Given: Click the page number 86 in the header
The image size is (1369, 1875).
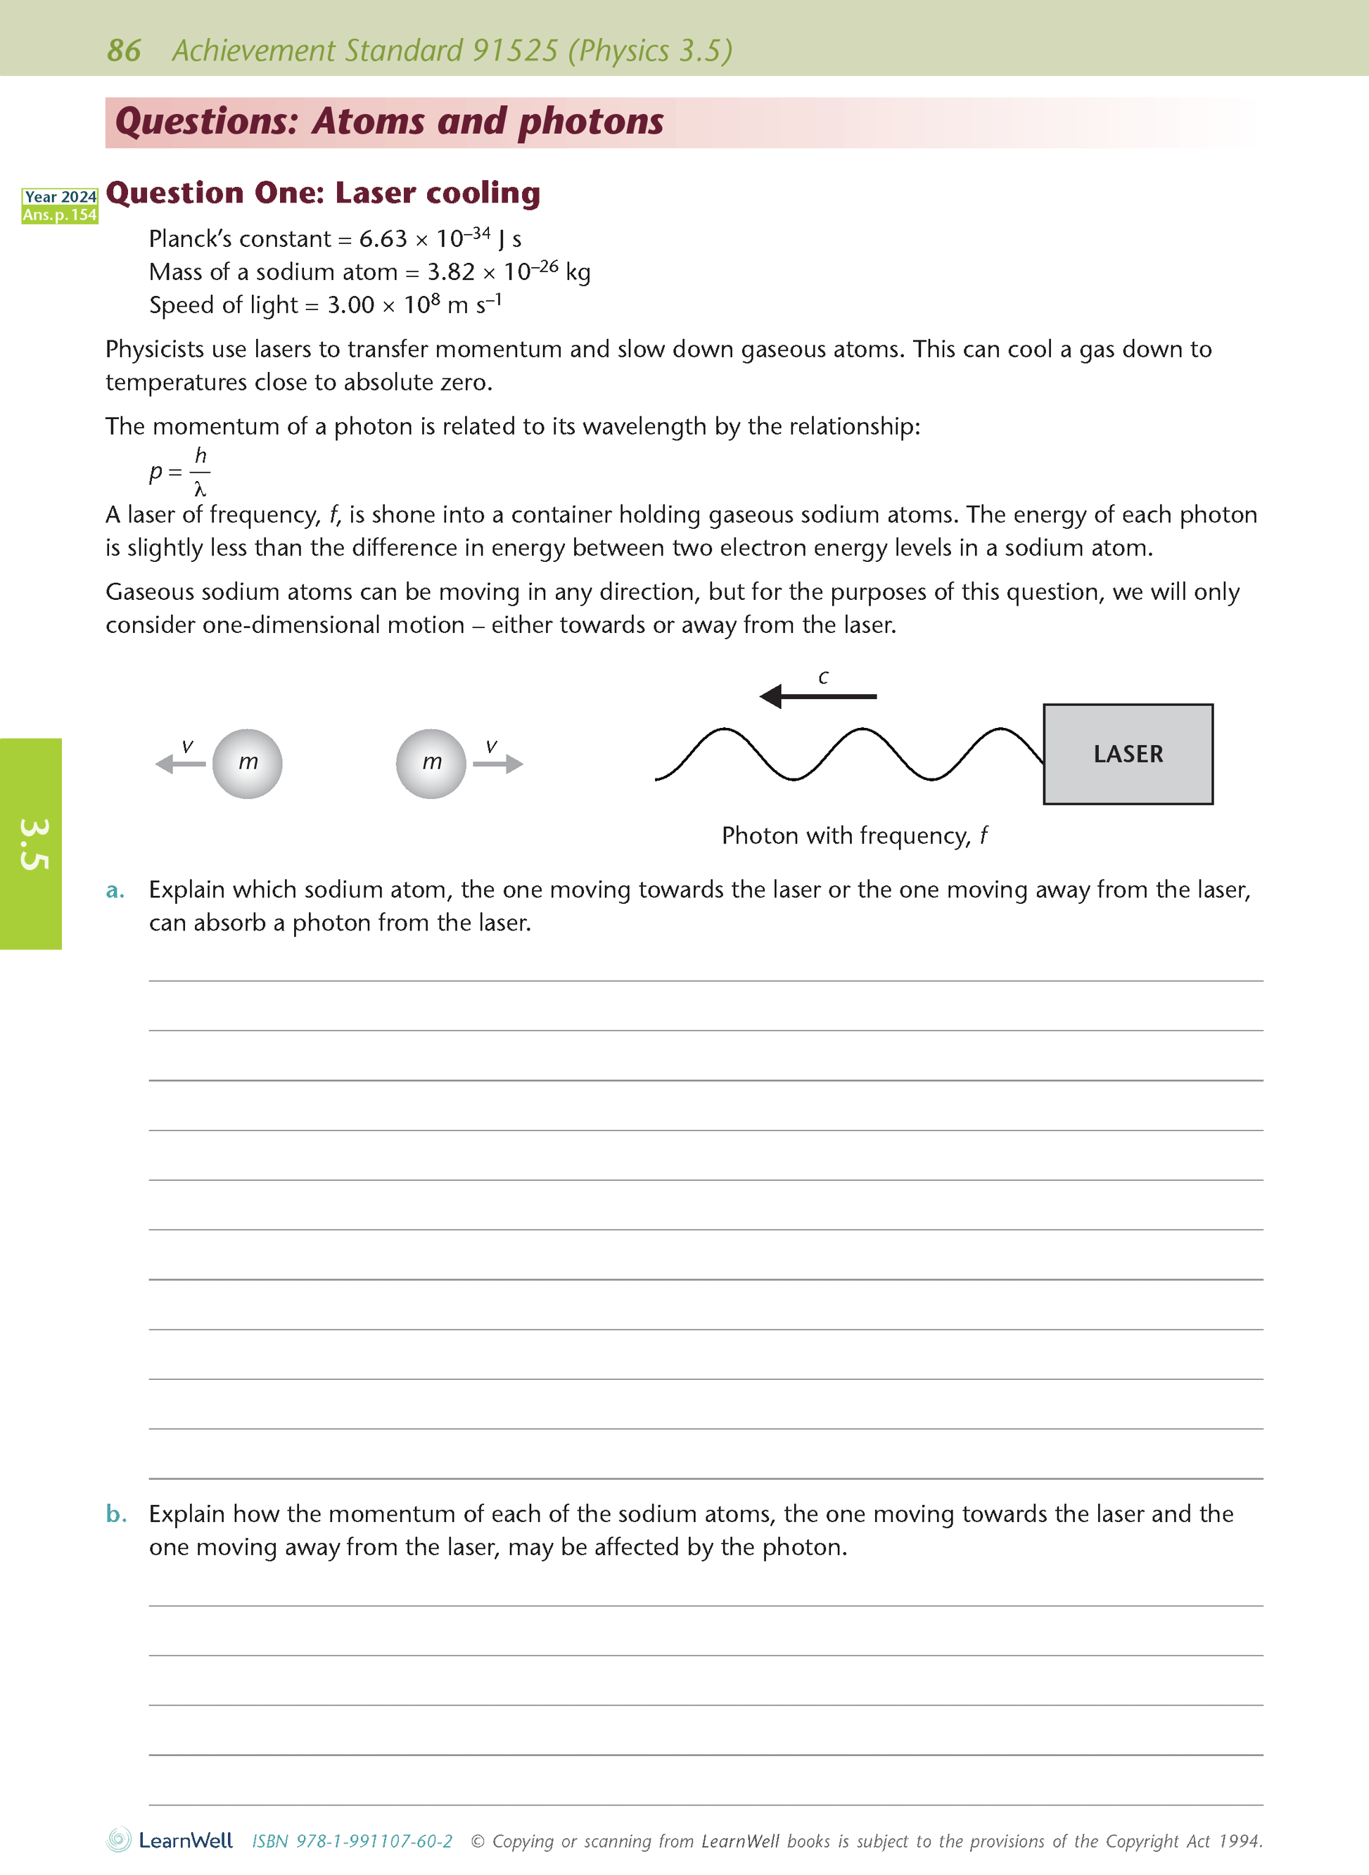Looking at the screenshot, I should click(124, 51).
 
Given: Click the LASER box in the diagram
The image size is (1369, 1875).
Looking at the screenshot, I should click(1127, 754).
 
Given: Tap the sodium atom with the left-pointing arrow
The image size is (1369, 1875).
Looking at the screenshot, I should click(247, 763).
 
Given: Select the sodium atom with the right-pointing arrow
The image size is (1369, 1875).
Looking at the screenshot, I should click(431, 763).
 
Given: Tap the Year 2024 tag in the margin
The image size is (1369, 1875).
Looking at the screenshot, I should click(60, 196).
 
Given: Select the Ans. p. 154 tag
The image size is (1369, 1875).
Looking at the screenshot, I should click(60, 215).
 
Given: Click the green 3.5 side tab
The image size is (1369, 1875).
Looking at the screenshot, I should click(32, 843).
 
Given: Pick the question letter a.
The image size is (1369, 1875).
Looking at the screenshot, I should click(115, 890).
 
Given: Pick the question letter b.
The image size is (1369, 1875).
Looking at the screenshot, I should click(116, 1514).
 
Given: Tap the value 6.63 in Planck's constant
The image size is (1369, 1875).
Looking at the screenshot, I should click(383, 239).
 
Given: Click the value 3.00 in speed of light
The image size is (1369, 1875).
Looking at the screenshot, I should click(350, 306).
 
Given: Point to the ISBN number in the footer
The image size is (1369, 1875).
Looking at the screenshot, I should click(352, 1841).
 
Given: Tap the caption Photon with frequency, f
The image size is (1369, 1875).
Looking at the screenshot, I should click(853, 836).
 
